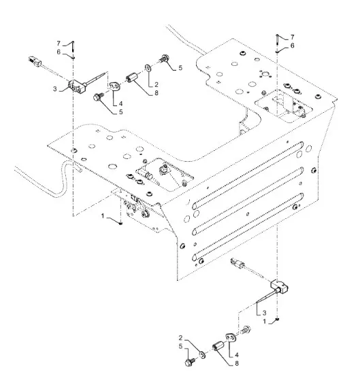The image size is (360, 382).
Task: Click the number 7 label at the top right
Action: (x=292, y=37)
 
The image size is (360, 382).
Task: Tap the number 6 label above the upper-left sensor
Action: (x=59, y=52)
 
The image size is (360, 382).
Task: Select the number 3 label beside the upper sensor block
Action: (x=55, y=89)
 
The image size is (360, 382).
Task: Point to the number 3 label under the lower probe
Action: (x=264, y=313)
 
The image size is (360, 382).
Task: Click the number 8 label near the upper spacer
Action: (x=157, y=93)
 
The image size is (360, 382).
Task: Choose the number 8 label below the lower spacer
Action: (x=237, y=364)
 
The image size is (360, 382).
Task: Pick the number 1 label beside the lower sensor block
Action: (x=265, y=322)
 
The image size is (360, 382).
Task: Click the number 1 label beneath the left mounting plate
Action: (x=103, y=216)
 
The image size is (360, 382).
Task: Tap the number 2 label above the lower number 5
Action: (x=180, y=338)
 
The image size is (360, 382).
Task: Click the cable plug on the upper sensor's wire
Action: (x=34, y=60)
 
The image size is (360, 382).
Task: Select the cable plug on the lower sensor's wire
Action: (x=238, y=263)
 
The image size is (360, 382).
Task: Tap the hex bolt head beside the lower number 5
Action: (x=189, y=362)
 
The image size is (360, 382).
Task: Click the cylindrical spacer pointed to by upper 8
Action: (x=132, y=77)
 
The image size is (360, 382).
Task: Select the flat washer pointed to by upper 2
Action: (x=148, y=68)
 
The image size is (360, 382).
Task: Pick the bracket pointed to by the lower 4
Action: (x=231, y=337)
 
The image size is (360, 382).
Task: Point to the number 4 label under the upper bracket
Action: (x=120, y=103)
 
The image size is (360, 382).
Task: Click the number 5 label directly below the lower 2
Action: (x=180, y=347)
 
